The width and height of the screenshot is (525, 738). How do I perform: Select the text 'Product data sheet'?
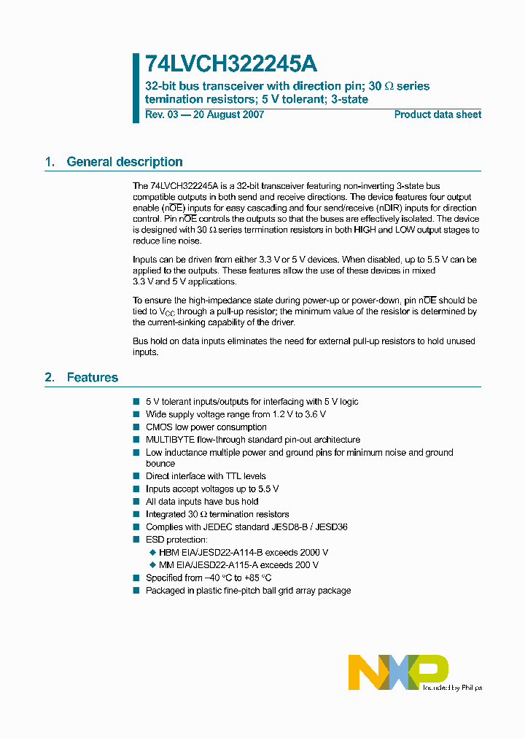[x=437, y=114]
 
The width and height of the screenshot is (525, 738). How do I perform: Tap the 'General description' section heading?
[x=125, y=162]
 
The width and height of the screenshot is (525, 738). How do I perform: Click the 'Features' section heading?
[x=93, y=377]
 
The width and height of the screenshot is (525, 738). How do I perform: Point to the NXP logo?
[x=398, y=672]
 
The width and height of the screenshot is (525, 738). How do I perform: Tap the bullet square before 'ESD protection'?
[x=136, y=540]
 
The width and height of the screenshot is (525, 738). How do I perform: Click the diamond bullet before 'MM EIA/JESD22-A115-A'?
[x=152, y=565]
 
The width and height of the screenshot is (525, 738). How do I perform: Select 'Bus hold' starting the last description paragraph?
[x=149, y=341]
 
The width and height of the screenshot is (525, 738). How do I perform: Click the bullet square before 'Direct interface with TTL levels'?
[x=136, y=476]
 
